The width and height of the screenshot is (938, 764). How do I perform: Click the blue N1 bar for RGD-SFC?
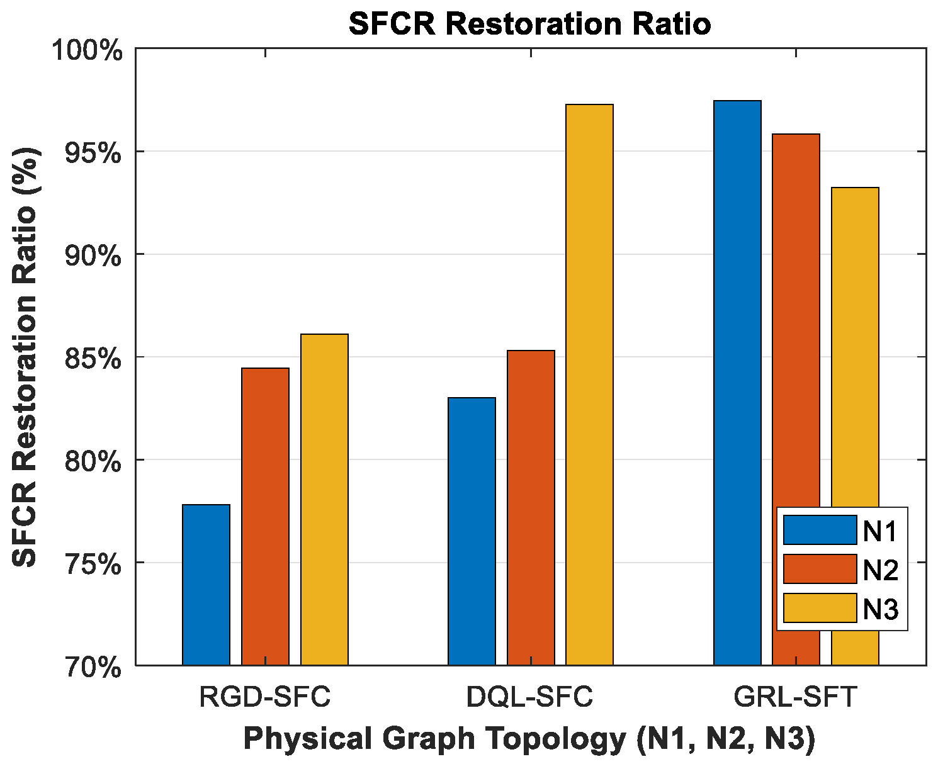[206, 585]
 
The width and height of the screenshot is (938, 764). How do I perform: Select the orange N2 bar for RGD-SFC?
[265, 516]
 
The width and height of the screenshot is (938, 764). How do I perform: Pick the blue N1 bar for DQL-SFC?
[472, 531]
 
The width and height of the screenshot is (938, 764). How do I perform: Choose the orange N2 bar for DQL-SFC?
[531, 507]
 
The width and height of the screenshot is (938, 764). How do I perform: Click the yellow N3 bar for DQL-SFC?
[589, 385]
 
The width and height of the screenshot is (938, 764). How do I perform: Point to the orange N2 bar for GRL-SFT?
[796, 315]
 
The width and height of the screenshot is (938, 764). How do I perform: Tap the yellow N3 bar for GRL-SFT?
[855, 346]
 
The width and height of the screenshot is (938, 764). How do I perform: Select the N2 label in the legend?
[880, 570]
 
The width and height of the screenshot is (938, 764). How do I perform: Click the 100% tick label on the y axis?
[86, 50]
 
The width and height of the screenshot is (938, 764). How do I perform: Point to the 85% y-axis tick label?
[93, 359]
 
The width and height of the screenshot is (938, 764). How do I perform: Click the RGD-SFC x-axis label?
[264, 697]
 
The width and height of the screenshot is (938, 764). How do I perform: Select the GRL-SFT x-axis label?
[795, 697]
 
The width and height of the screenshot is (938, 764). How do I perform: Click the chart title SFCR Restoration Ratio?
[530, 25]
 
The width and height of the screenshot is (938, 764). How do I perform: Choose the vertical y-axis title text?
[26, 357]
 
